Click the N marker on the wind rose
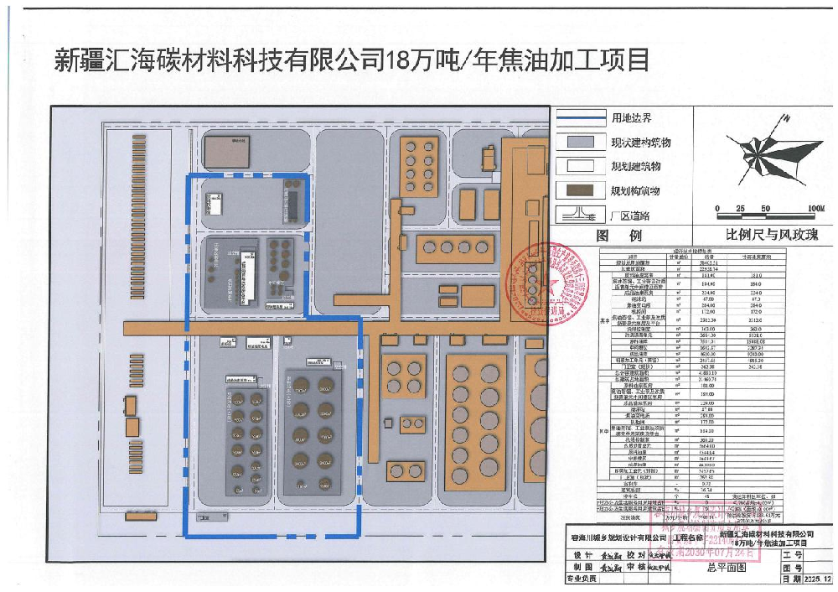pos(791,118)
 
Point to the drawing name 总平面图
pos(725,568)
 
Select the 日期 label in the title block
pos(789,579)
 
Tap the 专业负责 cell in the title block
pos(582,579)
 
